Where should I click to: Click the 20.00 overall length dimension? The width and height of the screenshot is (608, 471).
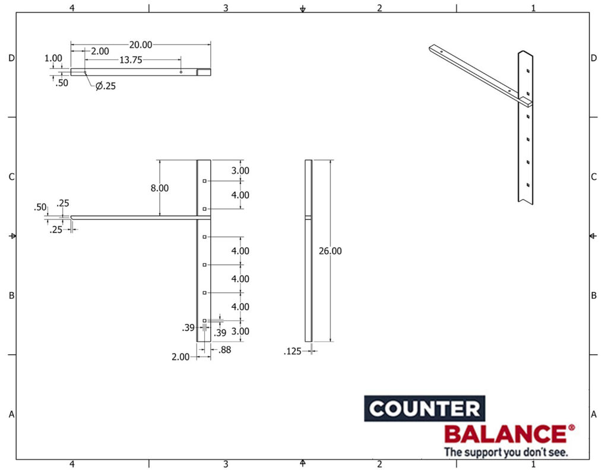tap(141, 44)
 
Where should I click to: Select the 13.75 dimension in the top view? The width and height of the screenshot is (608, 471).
tap(131, 60)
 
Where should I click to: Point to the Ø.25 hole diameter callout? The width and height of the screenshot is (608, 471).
tap(106, 86)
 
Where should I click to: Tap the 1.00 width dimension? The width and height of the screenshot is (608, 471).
tap(53, 58)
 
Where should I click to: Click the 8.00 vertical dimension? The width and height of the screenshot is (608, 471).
tap(159, 188)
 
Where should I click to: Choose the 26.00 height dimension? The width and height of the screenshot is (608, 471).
tap(330, 251)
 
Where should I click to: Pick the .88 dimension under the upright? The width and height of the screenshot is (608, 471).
tap(224, 350)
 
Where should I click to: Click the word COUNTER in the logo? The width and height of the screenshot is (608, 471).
tap(424, 409)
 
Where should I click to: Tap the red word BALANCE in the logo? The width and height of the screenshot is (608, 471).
tap(505, 434)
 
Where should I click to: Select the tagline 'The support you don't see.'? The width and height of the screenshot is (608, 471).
tap(506, 452)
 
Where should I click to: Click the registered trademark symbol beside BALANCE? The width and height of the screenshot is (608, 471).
tap(571, 427)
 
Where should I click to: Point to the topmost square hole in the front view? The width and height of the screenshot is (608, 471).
tap(204, 181)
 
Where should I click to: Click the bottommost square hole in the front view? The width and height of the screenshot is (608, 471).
tap(204, 321)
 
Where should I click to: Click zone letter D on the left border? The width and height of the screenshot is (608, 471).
tap(11, 58)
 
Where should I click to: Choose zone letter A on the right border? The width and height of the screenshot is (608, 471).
tap(593, 415)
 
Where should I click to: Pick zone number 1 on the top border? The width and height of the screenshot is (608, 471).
tap(533, 8)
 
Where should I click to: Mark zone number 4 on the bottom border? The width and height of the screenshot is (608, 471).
tap(72, 464)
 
